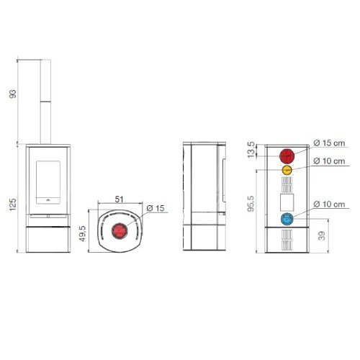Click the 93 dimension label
coord(12,94)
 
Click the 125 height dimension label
coord(13,204)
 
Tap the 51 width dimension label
coord(119,199)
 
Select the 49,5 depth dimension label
coord(83,233)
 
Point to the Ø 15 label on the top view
coord(156,208)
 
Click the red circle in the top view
coord(120,230)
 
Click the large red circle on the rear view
coord(287,156)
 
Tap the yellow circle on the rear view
coord(287,170)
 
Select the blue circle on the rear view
coord(287,219)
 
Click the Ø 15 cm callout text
coord(329,143)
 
